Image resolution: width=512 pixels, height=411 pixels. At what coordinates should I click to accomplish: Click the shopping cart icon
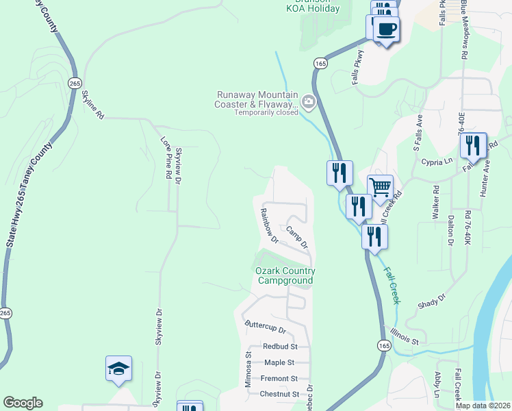click(x=380, y=186)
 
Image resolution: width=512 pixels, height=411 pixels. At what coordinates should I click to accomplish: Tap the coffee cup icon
click(x=387, y=29)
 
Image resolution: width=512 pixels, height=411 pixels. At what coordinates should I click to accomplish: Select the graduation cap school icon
click(x=119, y=369)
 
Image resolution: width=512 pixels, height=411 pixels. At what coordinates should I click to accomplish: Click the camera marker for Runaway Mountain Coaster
click(x=309, y=103)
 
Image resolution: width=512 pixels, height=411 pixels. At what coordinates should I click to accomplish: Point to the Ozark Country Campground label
click(x=284, y=275)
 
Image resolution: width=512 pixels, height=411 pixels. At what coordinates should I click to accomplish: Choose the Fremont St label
click(x=279, y=378)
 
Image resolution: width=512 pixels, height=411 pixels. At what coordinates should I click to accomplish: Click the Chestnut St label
click(x=279, y=394)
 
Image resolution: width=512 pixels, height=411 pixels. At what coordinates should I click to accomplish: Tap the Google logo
click(x=23, y=403)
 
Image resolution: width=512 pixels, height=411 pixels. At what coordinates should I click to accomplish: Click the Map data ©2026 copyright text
click(x=483, y=406)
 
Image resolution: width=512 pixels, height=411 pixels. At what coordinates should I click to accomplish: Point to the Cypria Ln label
click(x=438, y=162)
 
